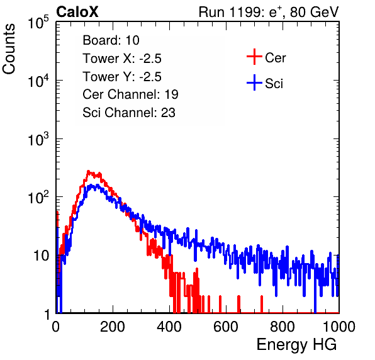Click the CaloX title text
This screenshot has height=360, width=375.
77,12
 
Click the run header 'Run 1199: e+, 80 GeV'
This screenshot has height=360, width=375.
269,12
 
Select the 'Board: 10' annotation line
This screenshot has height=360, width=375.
111,40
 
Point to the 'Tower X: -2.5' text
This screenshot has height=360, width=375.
122,59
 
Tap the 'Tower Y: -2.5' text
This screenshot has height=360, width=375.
122,77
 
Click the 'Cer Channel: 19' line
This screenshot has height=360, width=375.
130,94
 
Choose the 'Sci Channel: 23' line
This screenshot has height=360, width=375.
129,113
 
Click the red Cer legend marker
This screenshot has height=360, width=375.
254,57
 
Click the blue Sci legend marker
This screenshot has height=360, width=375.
254,82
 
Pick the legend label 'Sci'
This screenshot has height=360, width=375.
274,84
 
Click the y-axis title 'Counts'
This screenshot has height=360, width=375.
9,48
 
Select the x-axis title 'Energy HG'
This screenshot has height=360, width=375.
296,345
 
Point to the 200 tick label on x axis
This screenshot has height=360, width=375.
113,327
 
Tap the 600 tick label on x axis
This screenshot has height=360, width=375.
226,327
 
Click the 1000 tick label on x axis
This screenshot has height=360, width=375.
339,327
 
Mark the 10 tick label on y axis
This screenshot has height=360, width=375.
42,256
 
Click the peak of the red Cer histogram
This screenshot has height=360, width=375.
88,171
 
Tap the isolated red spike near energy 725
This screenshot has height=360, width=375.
262,304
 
